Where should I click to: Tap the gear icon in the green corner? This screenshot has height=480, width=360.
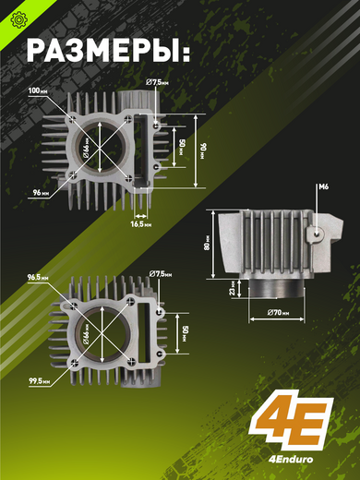point(18,19)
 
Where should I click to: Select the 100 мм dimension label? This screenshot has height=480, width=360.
point(38,91)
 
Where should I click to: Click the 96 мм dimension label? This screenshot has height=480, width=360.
point(41,193)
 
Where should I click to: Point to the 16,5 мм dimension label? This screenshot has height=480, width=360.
point(141,224)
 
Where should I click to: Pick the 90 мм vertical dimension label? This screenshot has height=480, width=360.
point(203,151)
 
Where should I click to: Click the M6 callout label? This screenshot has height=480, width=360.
point(323,186)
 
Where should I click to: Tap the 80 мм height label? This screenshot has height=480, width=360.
point(207,243)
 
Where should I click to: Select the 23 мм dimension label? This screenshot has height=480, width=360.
point(233,288)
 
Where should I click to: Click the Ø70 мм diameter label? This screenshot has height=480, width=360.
point(278,313)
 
